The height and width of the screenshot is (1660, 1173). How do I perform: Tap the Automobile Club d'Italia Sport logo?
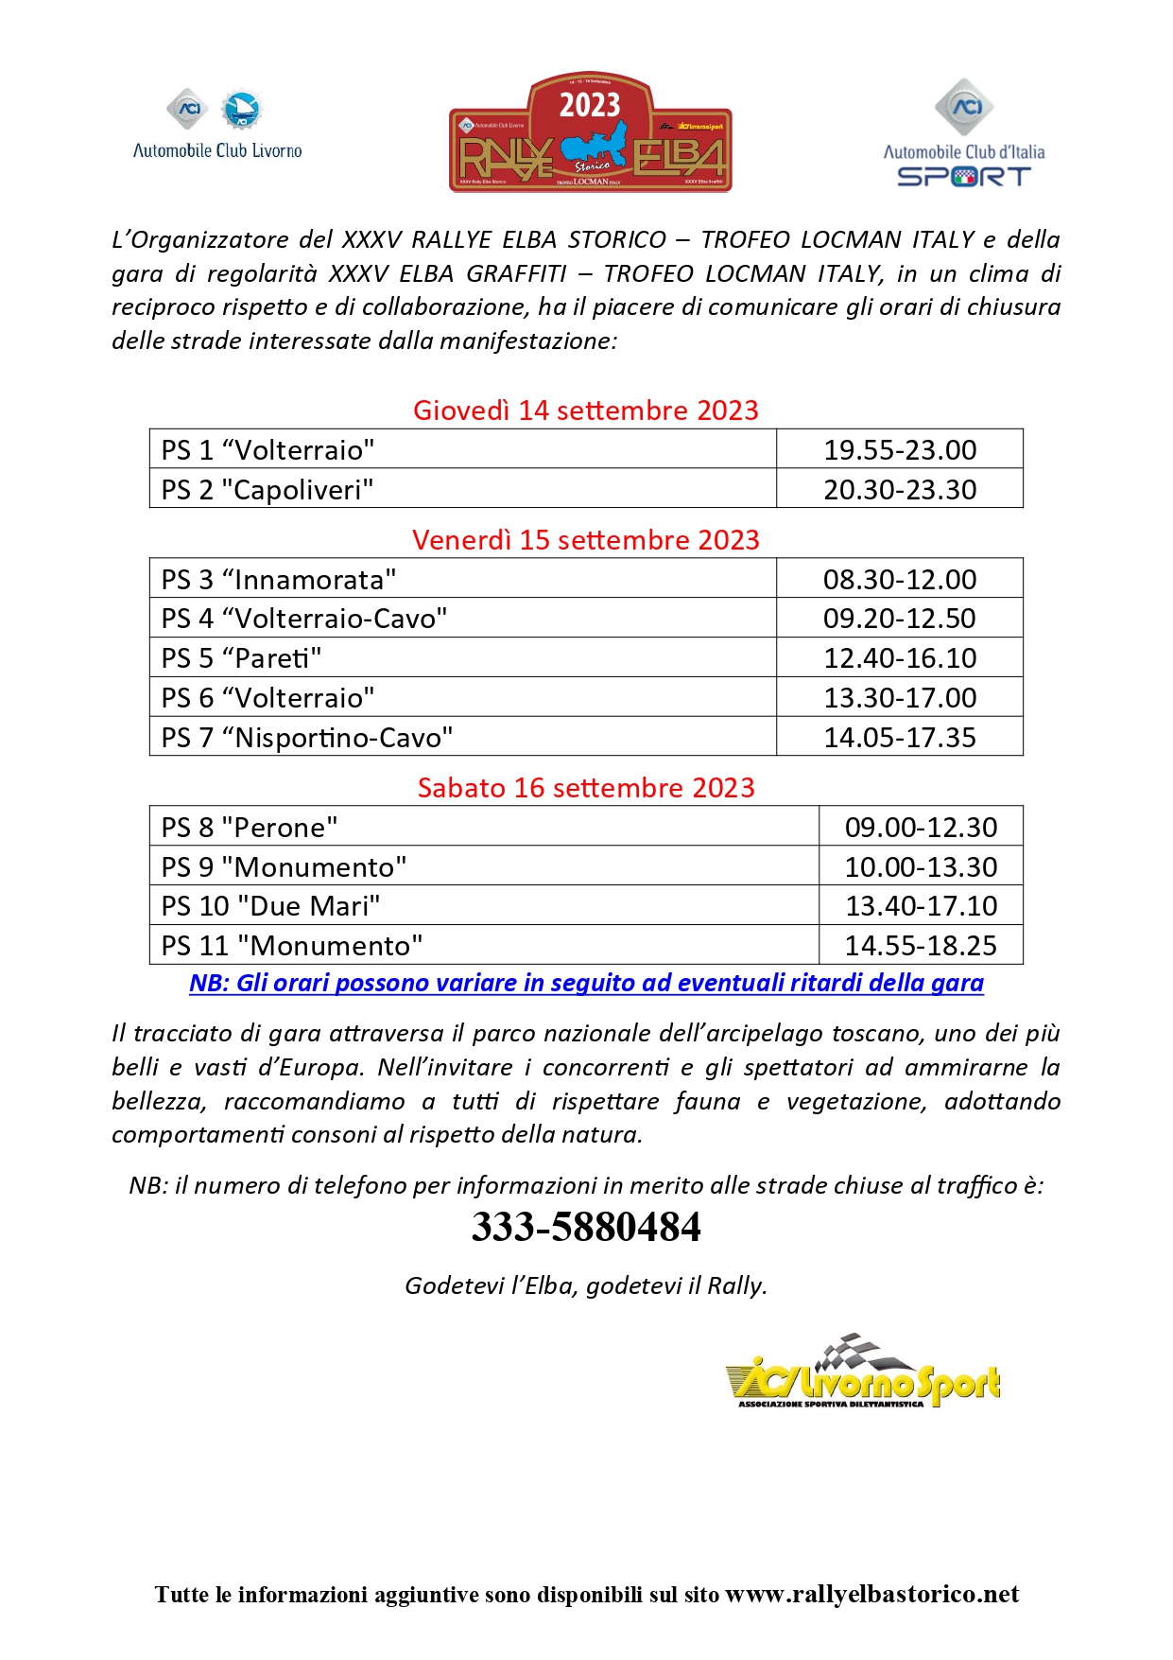click(x=963, y=134)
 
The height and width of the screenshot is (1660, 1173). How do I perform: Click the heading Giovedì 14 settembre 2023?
click(x=586, y=411)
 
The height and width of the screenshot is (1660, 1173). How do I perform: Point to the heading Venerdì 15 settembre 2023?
click(x=586, y=540)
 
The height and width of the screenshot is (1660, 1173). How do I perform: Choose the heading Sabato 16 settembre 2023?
click(x=586, y=788)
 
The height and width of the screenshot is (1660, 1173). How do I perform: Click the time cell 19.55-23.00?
click(x=900, y=449)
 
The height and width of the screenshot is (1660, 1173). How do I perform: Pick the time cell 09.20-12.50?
click(x=900, y=619)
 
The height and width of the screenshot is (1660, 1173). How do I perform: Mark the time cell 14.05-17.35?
click(x=900, y=737)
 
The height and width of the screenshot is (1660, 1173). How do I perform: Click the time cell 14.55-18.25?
click(x=921, y=945)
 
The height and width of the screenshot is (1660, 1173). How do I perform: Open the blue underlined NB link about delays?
click(x=586, y=983)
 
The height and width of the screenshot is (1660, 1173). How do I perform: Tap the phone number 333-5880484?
click(x=586, y=1227)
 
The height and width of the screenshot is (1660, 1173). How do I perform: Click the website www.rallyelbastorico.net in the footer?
click(x=871, y=1595)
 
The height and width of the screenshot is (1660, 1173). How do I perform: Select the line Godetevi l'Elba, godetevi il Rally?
click(x=586, y=1285)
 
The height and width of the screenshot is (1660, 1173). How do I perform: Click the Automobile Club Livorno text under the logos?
click(x=217, y=150)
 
